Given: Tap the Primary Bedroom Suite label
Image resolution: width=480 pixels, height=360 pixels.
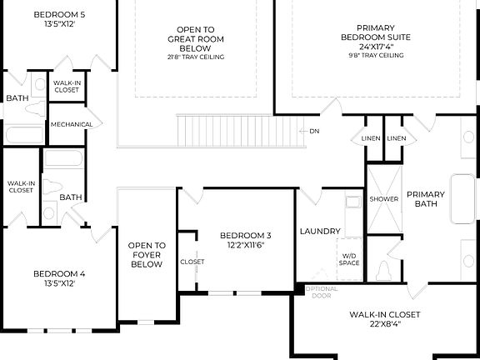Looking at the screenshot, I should click(x=374, y=37).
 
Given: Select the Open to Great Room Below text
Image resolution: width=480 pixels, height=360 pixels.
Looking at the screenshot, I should click(x=197, y=38).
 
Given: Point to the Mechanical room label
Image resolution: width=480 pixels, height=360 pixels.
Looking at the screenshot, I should click(x=71, y=124).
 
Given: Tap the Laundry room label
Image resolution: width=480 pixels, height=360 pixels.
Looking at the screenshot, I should click(x=319, y=231).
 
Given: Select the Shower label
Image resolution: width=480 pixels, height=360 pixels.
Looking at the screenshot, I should click(x=384, y=199).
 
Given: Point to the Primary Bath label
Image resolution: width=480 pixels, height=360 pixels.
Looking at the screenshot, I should click(x=426, y=198).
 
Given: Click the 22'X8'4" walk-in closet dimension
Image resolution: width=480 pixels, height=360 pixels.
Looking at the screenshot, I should click(x=385, y=325).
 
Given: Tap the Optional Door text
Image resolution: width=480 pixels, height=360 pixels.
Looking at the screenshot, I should click(x=321, y=292).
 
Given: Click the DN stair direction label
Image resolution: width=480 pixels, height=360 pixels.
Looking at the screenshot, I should click(x=314, y=131).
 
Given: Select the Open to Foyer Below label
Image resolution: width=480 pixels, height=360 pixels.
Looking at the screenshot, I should click(x=147, y=255).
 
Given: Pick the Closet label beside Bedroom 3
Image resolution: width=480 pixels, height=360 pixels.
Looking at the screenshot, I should click(x=192, y=262).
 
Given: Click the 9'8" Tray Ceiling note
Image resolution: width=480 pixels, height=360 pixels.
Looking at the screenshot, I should click(x=374, y=56).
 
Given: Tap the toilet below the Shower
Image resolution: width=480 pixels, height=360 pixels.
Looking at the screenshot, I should click(x=383, y=270).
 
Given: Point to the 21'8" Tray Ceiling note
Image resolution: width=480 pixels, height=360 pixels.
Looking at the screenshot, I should click(x=197, y=57).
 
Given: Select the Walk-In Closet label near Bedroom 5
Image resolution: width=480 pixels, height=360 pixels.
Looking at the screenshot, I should click(x=67, y=86).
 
